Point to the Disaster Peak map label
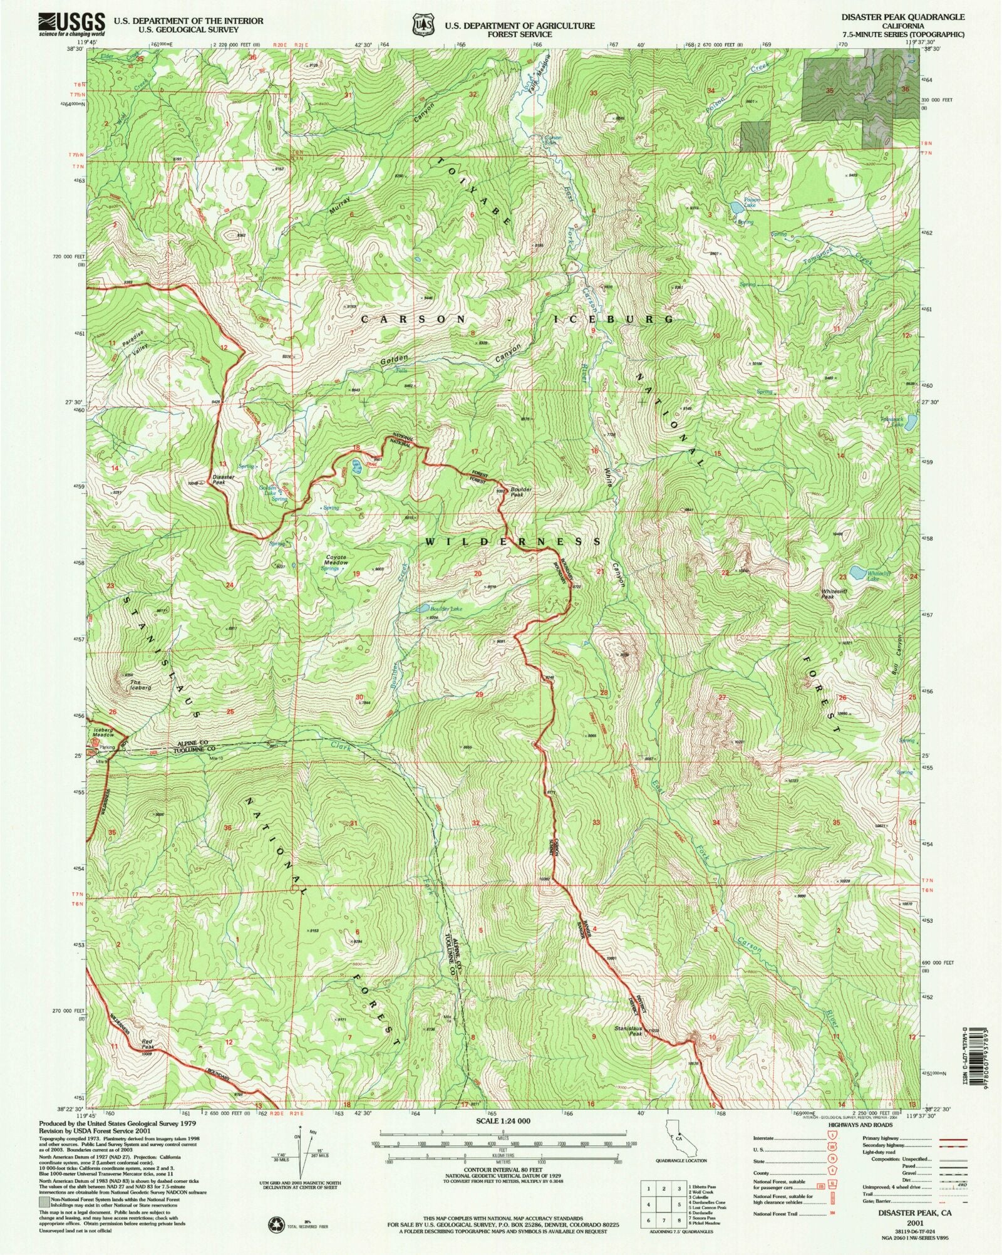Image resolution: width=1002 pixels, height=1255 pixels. click(x=224, y=480)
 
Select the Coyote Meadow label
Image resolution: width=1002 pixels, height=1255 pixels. click(x=336, y=560)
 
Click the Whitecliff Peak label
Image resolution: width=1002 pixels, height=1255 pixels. click(x=837, y=594)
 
